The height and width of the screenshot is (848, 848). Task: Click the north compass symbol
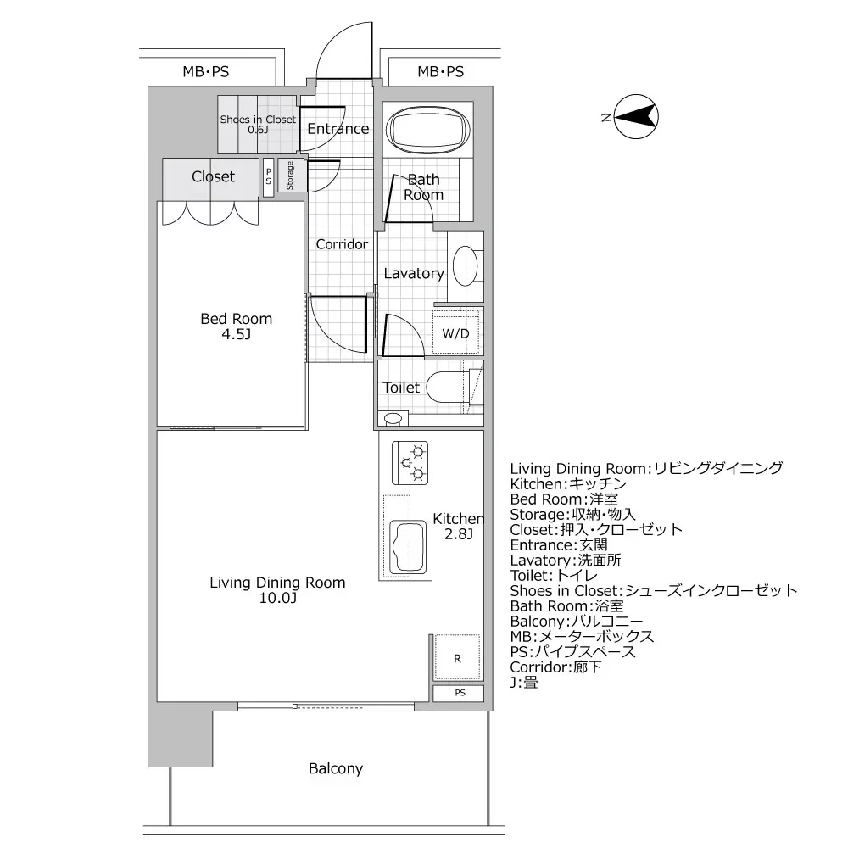pyautogui.click(x=637, y=118)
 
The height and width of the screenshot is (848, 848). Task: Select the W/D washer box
pyautogui.click(x=455, y=333)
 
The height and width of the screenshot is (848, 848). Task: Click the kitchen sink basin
pyautogui.click(x=406, y=547)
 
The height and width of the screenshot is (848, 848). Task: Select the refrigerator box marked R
pyautogui.click(x=457, y=658)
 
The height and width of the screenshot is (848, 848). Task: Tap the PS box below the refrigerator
pyautogui.click(x=460, y=693)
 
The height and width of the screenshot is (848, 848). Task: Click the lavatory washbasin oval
pyautogui.click(x=464, y=265)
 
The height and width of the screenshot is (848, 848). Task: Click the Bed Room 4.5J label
pyautogui.click(x=236, y=326)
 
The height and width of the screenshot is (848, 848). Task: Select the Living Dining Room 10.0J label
pyautogui.click(x=277, y=590)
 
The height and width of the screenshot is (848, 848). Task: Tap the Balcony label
pyautogui.click(x=335, y=769)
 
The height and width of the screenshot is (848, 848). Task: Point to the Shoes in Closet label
pyautogui.click(x=258, y=125)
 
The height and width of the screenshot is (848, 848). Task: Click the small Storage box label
pyautogui.click(x=290, y=176)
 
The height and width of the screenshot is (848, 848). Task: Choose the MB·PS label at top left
pyautogui.click(x=205, y=72)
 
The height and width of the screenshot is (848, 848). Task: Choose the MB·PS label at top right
pyautogui.click(x=440, y=72)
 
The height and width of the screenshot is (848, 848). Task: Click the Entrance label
pyautogui.click(x=338, y=129)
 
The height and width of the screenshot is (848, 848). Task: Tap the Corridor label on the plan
pyautogui.click(x=342, y=244)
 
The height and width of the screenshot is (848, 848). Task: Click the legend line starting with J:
pyautogui.click(x=524, y=683)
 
